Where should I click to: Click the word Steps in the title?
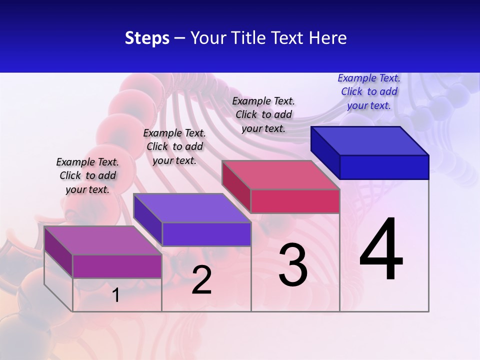(147, 38)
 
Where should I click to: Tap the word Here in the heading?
(328, 38)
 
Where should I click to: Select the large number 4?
(381, 249)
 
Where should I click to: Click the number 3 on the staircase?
(293, 265)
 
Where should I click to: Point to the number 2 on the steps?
(201, 280)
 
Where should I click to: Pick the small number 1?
(116, 295)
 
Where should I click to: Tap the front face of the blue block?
(384, 167)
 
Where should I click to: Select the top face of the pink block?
(281, 175)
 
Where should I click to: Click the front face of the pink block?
(295, 201)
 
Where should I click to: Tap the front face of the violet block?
(206, 234)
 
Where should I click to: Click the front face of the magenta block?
(117, 266)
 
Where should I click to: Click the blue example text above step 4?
(369, 91)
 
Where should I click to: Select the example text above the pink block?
(263, 114)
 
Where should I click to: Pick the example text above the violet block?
(174, 146)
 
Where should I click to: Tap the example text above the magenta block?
(87, 175)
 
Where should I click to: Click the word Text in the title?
(289, 38)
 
